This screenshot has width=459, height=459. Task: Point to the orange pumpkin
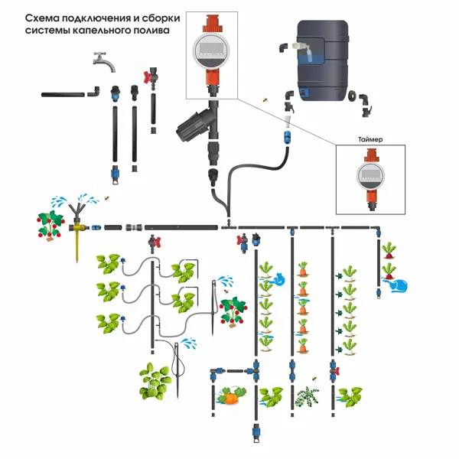pyautogui.click(x=229, y=396)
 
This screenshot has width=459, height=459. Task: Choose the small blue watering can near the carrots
pyautogui.click(x=281, y=279)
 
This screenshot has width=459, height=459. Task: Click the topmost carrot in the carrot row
pyautogui.click(x=304, y=269)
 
